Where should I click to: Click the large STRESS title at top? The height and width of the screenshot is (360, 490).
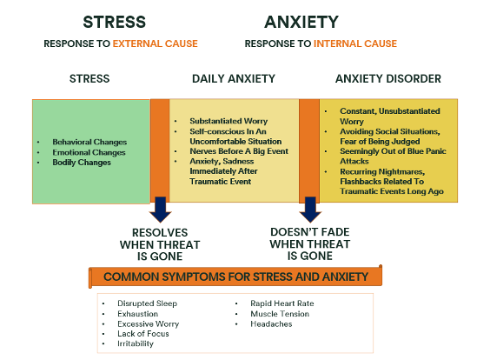point(114,23)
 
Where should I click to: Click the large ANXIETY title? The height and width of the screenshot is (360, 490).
point(301,23)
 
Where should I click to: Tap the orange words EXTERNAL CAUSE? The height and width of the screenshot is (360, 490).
point(155,43)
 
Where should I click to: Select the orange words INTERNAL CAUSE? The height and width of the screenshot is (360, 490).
point(355,43)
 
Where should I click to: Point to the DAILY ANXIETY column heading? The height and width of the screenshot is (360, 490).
point(234,78)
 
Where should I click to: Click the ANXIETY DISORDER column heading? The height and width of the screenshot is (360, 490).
point(388,78)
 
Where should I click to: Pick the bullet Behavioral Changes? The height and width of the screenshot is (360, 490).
point(89,142)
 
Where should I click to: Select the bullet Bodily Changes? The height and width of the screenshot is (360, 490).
point(82,163)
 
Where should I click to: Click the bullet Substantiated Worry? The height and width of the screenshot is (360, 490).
point(228,121)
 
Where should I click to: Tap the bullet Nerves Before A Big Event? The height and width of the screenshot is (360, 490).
point(239,151)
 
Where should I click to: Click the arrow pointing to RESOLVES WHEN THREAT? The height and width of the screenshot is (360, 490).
point(161,210)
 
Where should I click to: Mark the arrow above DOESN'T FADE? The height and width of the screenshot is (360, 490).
point(310,210)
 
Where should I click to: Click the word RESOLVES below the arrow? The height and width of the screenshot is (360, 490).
point(160,233)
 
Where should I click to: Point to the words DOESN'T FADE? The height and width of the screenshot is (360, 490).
point(309,232)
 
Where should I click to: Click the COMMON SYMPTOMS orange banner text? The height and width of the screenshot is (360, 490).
point(235,277)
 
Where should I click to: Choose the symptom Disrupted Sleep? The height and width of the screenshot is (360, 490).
point(147,303)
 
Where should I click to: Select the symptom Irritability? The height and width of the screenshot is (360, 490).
point(136,343)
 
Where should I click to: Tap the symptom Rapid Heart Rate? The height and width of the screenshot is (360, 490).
point(281,303)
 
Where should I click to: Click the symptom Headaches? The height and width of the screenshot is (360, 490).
point(271,324)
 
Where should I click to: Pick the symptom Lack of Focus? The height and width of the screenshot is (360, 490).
point(142,334)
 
